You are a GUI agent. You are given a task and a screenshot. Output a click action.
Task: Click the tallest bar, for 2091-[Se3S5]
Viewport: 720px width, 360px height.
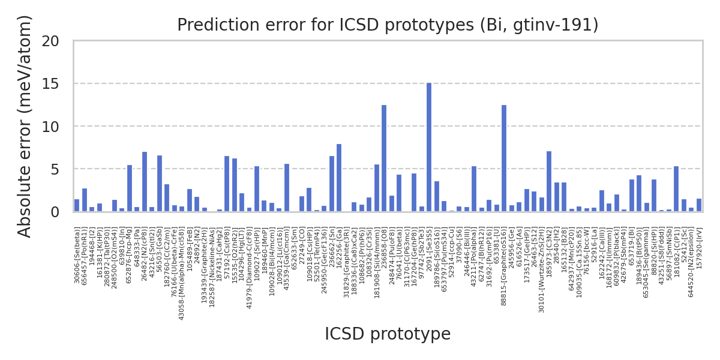[x=429, y=148]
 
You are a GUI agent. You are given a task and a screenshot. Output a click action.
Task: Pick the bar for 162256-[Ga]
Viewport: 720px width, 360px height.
[x=339, y=178]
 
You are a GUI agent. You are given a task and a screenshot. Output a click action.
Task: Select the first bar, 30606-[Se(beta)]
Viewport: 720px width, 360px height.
[x=77, y=206]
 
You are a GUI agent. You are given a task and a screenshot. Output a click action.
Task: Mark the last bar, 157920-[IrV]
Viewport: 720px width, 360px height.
[x=699, y=205]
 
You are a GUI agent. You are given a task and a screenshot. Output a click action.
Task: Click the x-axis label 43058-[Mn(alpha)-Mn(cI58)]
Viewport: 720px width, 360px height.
[x=182, y=274]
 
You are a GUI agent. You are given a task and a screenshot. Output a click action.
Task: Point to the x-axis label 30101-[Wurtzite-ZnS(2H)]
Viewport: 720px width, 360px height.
[x=541, y=271]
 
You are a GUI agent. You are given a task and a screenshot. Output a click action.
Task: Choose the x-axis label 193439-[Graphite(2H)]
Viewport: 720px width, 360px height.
[x=205, y=263]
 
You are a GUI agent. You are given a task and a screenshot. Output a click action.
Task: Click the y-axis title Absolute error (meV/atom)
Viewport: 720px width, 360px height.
[x=25, y=126]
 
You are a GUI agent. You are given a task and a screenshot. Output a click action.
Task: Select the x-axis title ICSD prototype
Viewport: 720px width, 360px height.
[x=388, y=334]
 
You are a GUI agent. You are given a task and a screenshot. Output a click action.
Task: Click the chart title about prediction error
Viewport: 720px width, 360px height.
[x=388, y=25]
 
